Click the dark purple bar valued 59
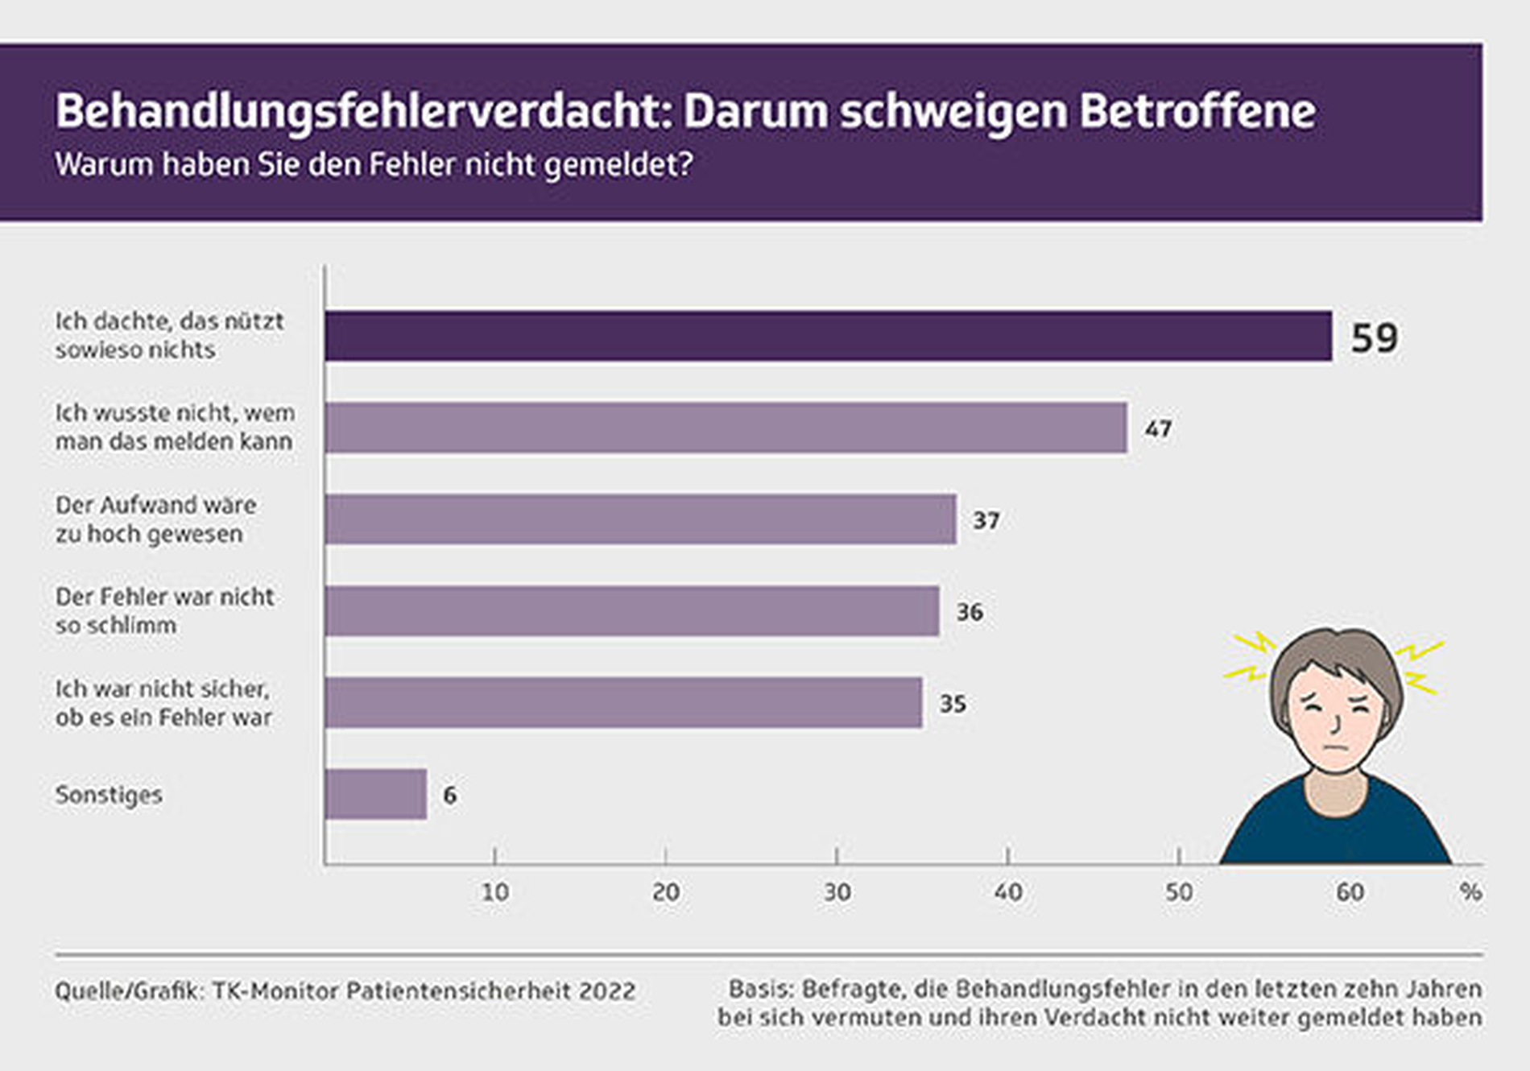point(828,336)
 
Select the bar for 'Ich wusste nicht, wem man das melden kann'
point(725,428)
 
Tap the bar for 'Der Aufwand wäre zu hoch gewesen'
point(640,519)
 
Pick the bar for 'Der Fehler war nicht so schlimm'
point(631,611)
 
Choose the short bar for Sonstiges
point(376,795)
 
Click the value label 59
point(1374,338)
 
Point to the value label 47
point(1158,429)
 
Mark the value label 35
point(953,704)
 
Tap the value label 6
point(449,796)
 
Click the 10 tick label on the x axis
point(495,892)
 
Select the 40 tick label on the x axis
point(1008,892)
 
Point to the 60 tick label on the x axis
point(1350,892)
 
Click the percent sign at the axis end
point(1470,892)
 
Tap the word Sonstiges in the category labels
point(109,795)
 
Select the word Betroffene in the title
point(1197,111)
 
